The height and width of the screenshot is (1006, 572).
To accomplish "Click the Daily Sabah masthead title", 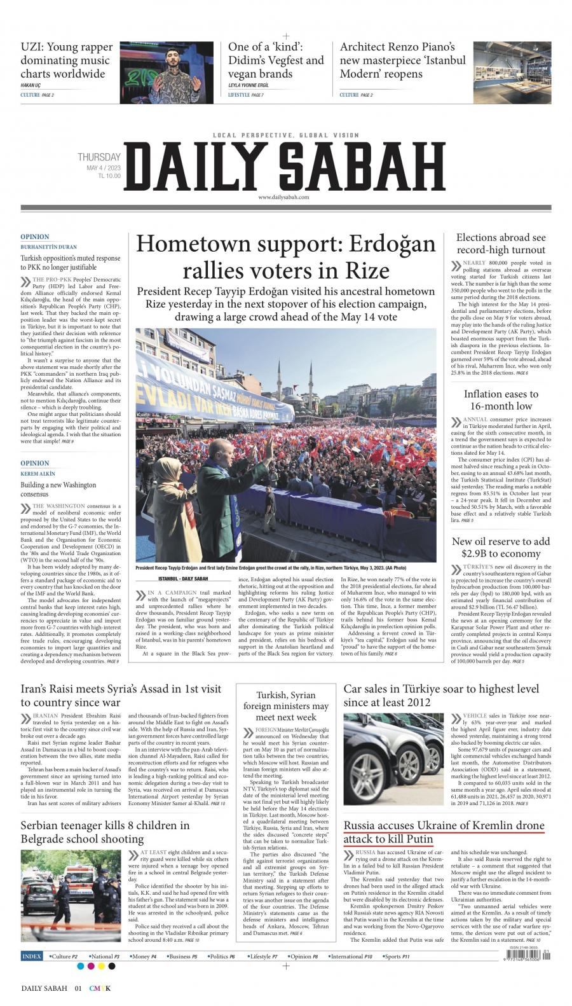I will click(285, 165).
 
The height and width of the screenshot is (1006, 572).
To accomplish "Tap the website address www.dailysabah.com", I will click(283, 198).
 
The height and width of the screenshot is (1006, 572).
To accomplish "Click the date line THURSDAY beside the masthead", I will click(99, 157).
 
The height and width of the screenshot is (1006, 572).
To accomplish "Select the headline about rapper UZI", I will click(67, 60).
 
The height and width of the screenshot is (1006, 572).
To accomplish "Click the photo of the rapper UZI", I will click(167, 72).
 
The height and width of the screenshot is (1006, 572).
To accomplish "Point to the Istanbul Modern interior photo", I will click(512, 72).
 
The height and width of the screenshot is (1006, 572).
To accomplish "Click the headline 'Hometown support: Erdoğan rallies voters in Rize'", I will click(286, 257).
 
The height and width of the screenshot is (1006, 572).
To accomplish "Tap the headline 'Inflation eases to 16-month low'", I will click(501, 400).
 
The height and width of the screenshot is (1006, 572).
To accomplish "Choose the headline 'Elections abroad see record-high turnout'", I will click(501, 244).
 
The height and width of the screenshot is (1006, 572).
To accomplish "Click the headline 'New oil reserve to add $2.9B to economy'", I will click(501, 548).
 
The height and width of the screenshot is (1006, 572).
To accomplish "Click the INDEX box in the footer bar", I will click(32, 956).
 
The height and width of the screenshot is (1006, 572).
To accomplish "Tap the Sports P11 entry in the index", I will click(397, 956).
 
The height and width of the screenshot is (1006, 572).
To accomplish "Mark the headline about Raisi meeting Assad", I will click(121, 695).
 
